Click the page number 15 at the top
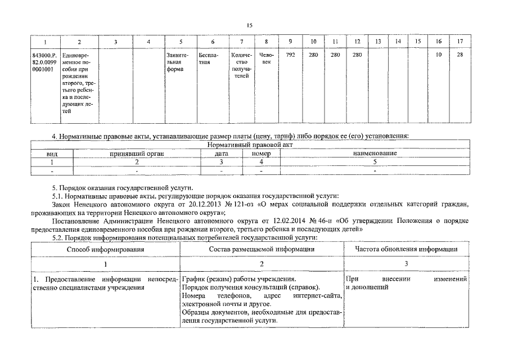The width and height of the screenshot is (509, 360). point(250,25)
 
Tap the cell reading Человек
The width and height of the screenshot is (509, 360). point(265,58)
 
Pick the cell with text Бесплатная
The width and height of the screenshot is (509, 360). point(205,58)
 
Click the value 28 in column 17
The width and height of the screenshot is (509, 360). point(460,55)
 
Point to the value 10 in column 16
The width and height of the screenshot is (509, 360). point(438,55)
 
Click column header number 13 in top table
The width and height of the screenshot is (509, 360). point(378,42)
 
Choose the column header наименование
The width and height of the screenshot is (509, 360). point(375,153)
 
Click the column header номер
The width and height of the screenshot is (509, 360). point(261,153)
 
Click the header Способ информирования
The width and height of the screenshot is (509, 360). point(105,249)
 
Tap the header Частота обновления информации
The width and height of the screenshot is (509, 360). point(406,249)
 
